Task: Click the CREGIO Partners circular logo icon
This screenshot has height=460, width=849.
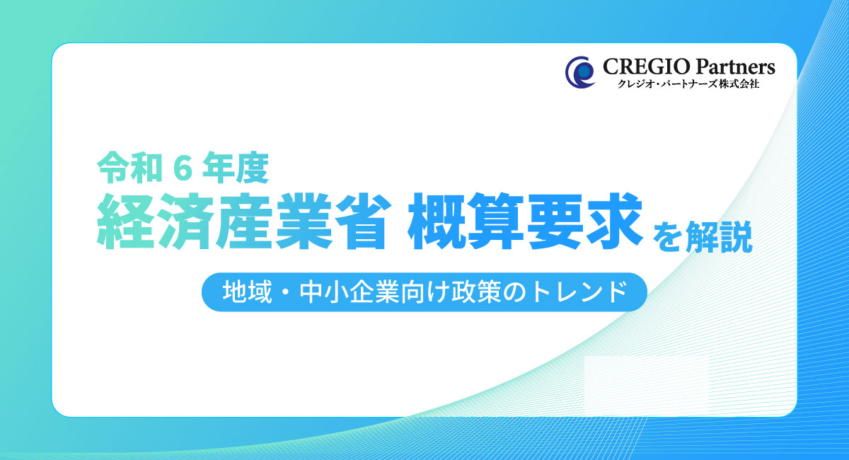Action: tap(580, 72)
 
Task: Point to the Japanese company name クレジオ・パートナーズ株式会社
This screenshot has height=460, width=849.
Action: tap(688, 84)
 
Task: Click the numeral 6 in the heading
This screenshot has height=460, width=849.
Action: tap(183, 168)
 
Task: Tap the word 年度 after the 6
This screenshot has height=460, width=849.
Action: tap(236, 168)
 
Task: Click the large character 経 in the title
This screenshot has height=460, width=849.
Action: tap(126, 221)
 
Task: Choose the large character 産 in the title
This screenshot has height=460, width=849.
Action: tap(243, 221)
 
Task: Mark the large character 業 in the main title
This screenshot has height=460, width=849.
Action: tap(304, 221)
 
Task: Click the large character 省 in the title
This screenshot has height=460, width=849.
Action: tap(362, 221)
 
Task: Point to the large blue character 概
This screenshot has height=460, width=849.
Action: tap(437, 221)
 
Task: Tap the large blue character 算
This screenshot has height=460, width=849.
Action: tap(496, 221)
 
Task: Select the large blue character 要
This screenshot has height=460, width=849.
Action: tap(555, 221)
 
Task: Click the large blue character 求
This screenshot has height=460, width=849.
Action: tap(614, 221)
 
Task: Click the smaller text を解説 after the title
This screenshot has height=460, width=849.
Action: tap(703, 236)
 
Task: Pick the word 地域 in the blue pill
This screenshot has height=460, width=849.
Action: tap(247, 292)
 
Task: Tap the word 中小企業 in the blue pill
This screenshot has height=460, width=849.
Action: tap(349, 292)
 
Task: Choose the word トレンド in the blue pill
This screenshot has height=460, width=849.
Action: tap(577, 292)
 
